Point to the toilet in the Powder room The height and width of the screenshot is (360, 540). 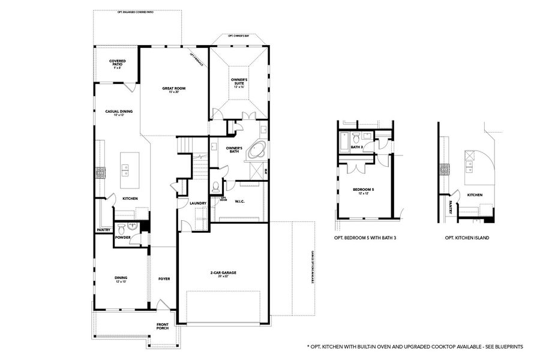click(121, 229)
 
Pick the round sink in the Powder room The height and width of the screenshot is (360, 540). click(136, 227)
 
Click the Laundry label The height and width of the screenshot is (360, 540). click(198, 203)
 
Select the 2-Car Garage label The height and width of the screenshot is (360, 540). click(223, 275)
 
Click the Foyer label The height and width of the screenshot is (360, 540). click(164, 279)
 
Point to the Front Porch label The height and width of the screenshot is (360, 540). click(162, 326)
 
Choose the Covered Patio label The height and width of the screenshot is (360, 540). click(117, 62)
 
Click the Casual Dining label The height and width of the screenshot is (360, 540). click(119, 112)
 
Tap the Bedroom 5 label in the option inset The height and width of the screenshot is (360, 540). click(364, 191)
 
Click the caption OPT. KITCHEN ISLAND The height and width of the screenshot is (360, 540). click(467, 238)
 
